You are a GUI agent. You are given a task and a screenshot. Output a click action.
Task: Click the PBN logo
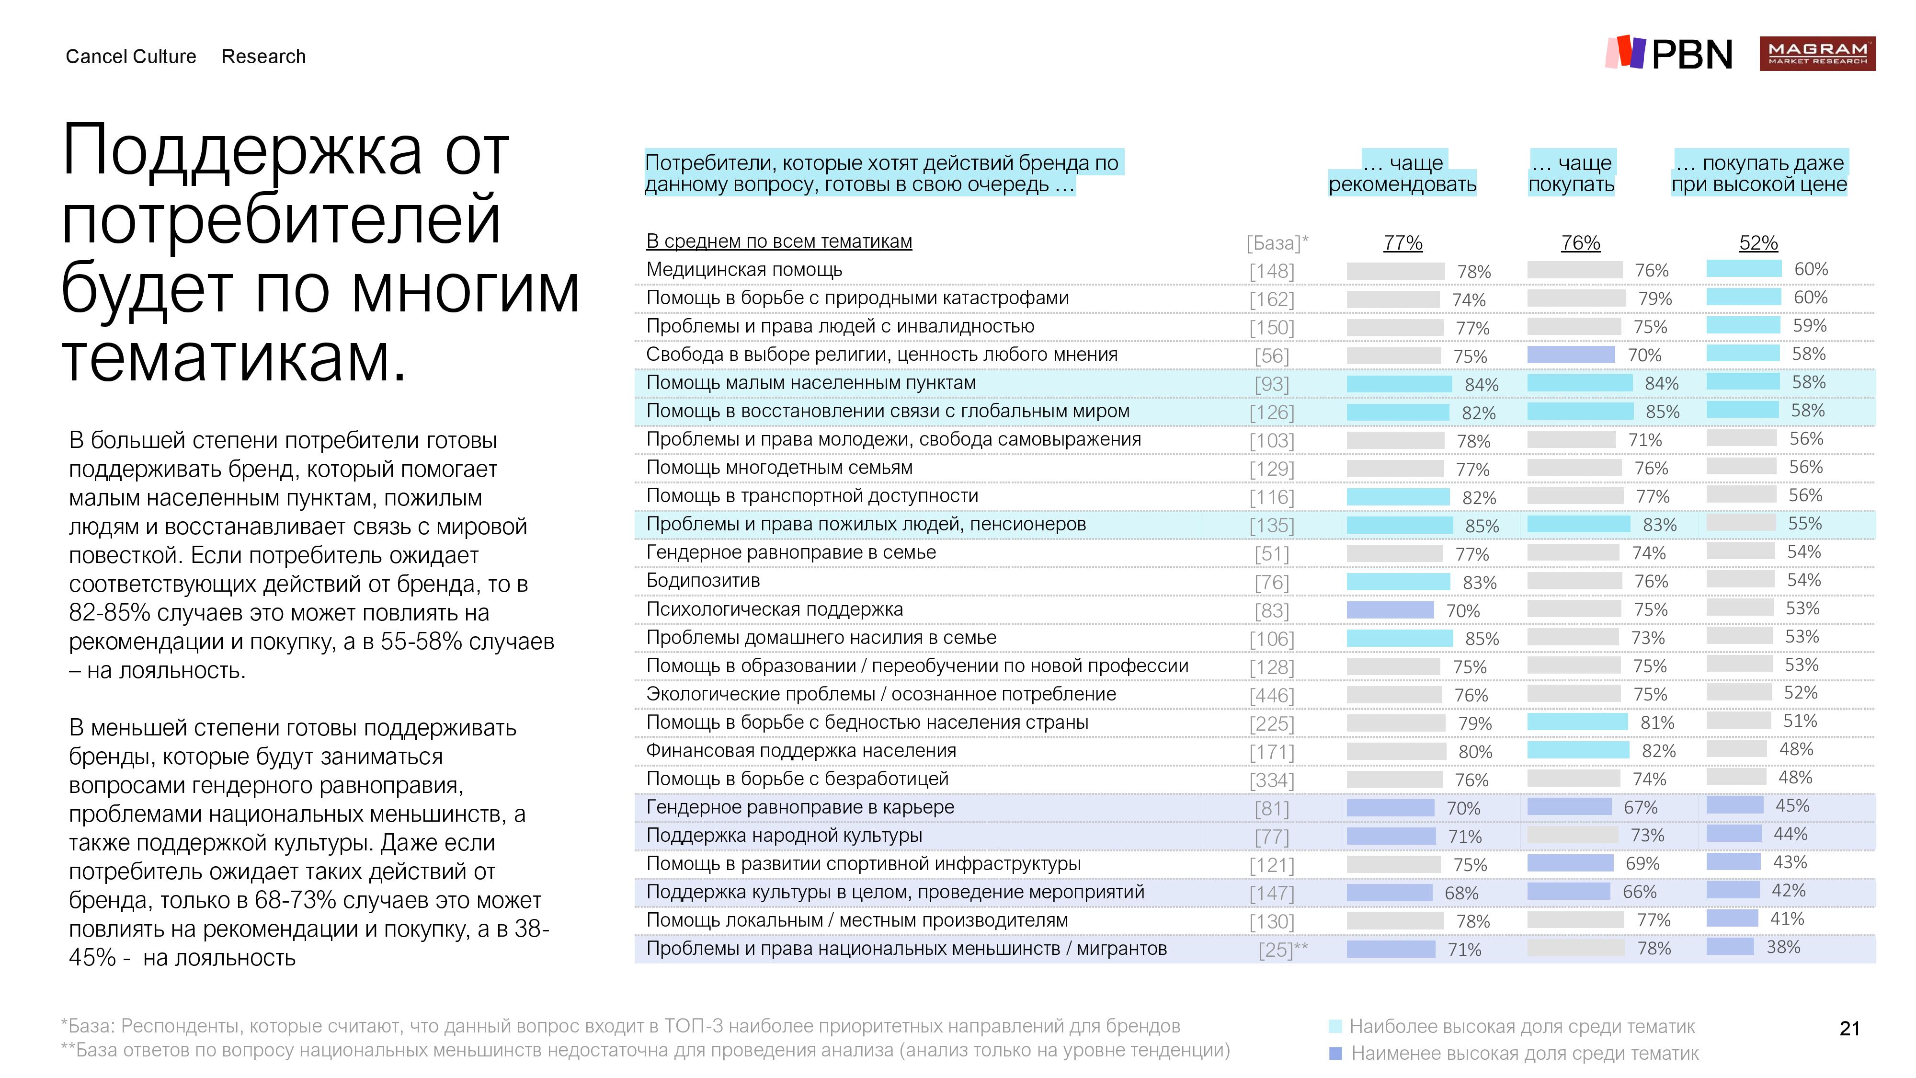[x=1669, y=54]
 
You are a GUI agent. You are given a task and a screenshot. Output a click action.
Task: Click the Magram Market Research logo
[x=1817, y=54]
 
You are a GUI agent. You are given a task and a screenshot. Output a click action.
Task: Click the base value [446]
[x=1272, y=695]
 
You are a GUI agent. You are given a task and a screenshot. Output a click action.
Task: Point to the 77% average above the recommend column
[x=1403, y=242]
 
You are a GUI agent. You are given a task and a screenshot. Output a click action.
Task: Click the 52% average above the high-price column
[x=1758, y=242]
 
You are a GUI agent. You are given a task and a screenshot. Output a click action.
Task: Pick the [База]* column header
[x=1277, y=242]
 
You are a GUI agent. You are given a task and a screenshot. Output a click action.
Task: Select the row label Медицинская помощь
[x=744, y=269]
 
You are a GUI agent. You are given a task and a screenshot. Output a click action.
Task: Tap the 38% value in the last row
[x=1784, y=947]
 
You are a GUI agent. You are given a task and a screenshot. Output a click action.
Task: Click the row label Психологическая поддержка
[x=774, y=608]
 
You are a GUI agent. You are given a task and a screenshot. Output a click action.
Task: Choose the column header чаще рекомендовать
[x=1403, y=173]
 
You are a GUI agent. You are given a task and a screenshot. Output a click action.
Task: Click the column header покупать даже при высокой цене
[x=1759, y=173]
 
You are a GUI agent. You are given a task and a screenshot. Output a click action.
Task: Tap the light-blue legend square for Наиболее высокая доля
[x=1335, y=1027]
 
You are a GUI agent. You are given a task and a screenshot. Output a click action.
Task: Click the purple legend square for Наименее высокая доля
[x=1335, y=1054]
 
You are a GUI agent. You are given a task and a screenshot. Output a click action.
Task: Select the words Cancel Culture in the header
[x=131, y=57]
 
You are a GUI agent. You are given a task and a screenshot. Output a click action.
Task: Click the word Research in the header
[x=263, y=57]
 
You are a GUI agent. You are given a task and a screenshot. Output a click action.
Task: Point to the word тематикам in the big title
[x=234, y=358]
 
